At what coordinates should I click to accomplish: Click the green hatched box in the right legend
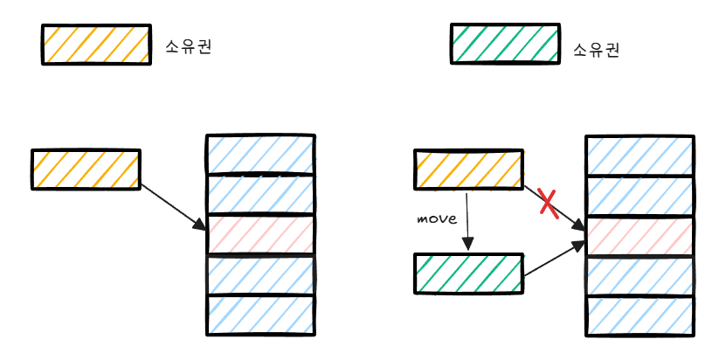(504, 45)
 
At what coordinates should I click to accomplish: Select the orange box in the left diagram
(86, 170)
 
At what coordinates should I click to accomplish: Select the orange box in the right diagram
(467, 170)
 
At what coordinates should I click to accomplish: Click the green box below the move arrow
(467, 273)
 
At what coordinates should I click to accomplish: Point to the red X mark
(549, 202)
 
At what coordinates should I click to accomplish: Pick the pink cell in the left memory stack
(260, 235)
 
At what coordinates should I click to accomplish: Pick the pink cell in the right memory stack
(640, 235)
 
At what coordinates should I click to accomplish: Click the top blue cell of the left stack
(260, 154)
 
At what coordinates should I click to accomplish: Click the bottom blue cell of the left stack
(260, 315)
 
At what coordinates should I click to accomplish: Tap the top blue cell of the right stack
(640, 156)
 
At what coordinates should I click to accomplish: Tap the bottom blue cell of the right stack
(640, 315)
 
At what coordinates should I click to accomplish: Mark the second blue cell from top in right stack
(640, 196)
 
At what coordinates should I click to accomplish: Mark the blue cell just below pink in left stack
(260, 275)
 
